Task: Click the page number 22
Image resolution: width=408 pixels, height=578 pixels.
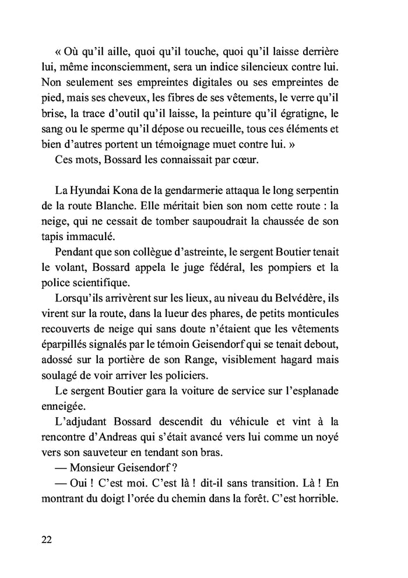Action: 47,539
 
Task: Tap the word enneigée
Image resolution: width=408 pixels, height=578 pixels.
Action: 64,403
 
